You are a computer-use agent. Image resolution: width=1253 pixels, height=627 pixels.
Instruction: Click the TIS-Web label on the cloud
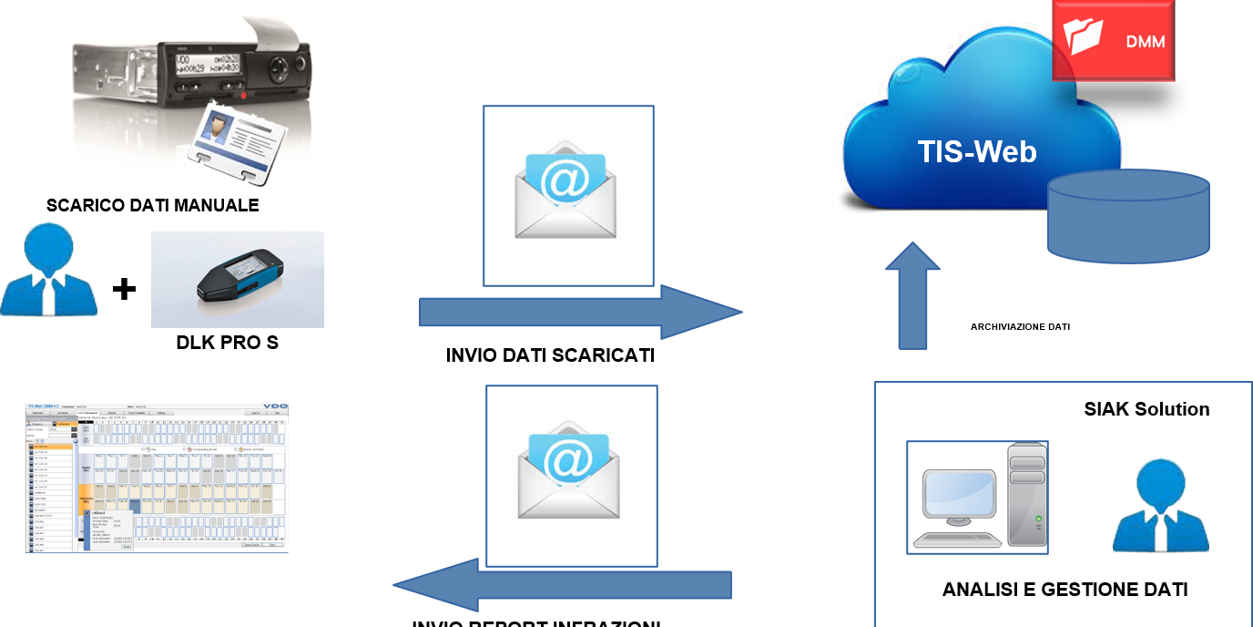(x=976, y=150)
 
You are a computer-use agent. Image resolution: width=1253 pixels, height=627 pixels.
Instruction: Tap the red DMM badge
(x=1113, y=40)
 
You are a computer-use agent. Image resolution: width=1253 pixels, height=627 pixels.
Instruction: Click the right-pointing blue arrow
(x=580, y=313)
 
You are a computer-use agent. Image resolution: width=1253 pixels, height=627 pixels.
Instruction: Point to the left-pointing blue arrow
(x=562, y=584)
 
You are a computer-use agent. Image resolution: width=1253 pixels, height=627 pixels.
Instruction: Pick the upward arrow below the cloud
(x=912, y=296)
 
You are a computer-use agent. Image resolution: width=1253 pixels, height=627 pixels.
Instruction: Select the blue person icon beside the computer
(x=1160, y=508)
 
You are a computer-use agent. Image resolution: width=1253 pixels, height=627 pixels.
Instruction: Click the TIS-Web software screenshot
(x=157, y=478)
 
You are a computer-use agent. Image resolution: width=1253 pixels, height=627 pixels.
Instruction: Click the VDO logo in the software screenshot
(x=275, y=407)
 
